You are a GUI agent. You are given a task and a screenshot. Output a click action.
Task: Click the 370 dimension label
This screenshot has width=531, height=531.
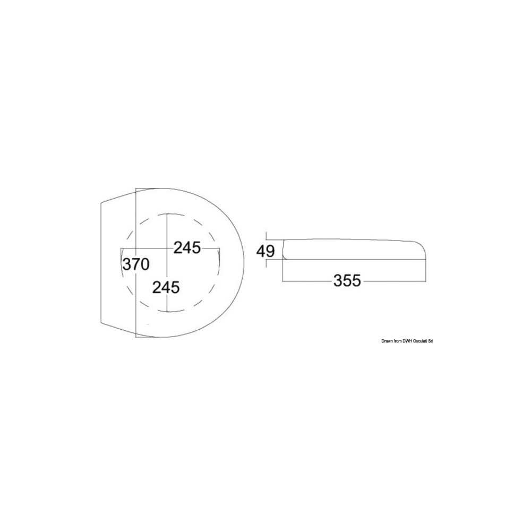[x=136, y=264]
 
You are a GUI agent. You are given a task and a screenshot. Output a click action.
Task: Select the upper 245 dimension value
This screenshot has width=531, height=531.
[x=187, y=248]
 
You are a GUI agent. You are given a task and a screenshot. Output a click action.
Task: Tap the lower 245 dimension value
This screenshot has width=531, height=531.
[x=166, y=287]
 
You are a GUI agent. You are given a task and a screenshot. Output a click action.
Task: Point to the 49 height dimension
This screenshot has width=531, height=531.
[x=265, y=251]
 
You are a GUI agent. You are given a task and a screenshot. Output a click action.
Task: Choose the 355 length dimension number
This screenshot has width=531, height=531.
[x=347, y=281]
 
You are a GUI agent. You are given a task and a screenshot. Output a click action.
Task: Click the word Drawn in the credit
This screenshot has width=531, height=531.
[x=387, y=341]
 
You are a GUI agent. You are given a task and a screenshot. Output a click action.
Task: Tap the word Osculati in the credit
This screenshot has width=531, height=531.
[x=420, y=341]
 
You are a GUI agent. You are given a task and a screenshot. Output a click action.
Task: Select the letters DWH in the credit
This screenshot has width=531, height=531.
[x=406, y=341]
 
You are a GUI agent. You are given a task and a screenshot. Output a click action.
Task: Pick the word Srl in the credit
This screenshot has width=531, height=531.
[x=431, y=341]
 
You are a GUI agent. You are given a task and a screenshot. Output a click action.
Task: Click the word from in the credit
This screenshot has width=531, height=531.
[x=397, y=341]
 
